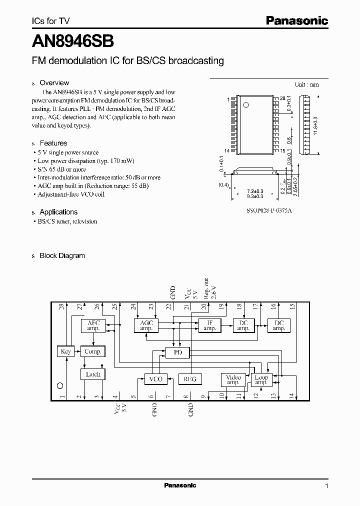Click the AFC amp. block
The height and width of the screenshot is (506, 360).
pos(93,325)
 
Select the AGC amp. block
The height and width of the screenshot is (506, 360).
pos(146,325)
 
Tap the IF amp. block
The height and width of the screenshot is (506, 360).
pos(209,325)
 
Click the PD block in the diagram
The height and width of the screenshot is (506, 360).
pos(178,353)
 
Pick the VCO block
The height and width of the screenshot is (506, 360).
pos(156,379)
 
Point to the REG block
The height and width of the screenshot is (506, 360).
pos(189,379)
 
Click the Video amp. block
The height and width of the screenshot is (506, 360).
pos(233,379)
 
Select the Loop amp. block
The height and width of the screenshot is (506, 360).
pos(261,379)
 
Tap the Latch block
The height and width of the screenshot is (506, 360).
pos(93,374)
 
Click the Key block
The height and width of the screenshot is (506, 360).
pos(66,351)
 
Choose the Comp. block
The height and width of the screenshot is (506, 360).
pos(93,351)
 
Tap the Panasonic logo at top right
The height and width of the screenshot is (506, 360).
pos(296,21)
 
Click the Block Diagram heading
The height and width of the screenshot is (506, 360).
pos(62,255)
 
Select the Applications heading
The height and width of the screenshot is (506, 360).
pos(58,212)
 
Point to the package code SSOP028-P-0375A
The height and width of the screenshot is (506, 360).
pos(269,210)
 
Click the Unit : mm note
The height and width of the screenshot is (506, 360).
pos(306,84)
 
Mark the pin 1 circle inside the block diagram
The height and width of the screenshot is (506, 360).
pos(60,385)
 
